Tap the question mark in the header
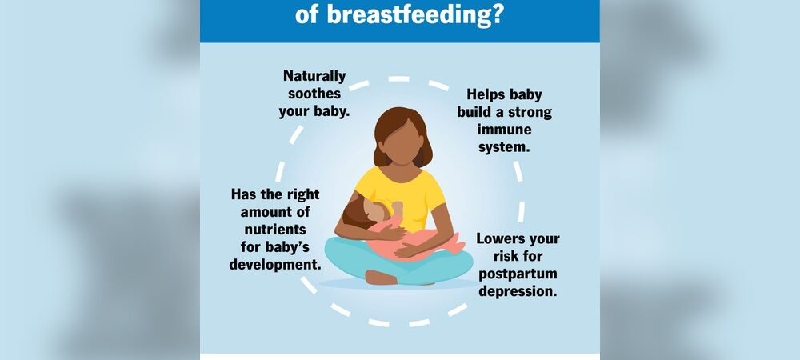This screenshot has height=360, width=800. pyautogui.click(x=495, y=14)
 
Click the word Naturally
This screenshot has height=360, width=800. pyautogui.click(x=314, y=76)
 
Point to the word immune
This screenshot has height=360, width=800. pyautogui.click(x=505, y=130)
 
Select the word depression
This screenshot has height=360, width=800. pyautogui.click(x=517, y=292)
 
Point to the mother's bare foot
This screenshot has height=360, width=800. pyautogui.click(x=382, y=278)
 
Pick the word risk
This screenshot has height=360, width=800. pyautogui.click(x=490, y=257)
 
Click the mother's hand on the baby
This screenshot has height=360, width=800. pyautogui.click(x=408, y=250)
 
